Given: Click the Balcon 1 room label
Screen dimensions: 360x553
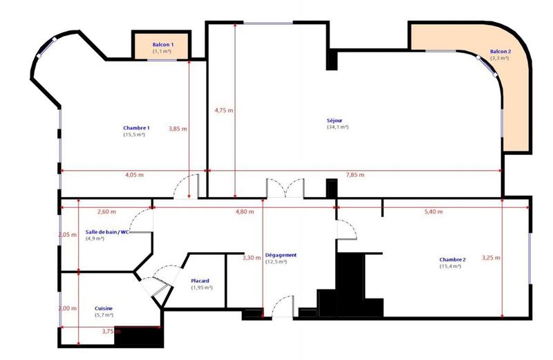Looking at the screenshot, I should tap(163, 44).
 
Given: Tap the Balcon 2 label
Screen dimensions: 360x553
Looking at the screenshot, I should tap(500, 52).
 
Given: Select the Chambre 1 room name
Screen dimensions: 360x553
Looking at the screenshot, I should tap(136, 128).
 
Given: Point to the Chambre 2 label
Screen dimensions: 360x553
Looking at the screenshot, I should tap(452, 260).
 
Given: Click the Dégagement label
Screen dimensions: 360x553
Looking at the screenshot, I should tap(281, 255).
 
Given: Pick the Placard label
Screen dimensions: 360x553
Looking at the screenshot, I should tap(200, 281).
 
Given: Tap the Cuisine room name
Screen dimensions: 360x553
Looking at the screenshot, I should tap(104, 308).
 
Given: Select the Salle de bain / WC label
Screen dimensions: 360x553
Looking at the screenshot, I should tap(108, 232).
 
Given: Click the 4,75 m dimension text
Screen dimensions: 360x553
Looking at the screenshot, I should tap(224, 110).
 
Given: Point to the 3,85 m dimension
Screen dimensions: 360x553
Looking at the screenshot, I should tap(178, 129).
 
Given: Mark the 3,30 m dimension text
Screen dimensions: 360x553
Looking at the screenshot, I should tap(252, 258).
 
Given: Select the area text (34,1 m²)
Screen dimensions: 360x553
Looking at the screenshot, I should tap(337, 127).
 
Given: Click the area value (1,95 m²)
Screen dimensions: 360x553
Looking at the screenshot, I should tap(202, 287).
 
